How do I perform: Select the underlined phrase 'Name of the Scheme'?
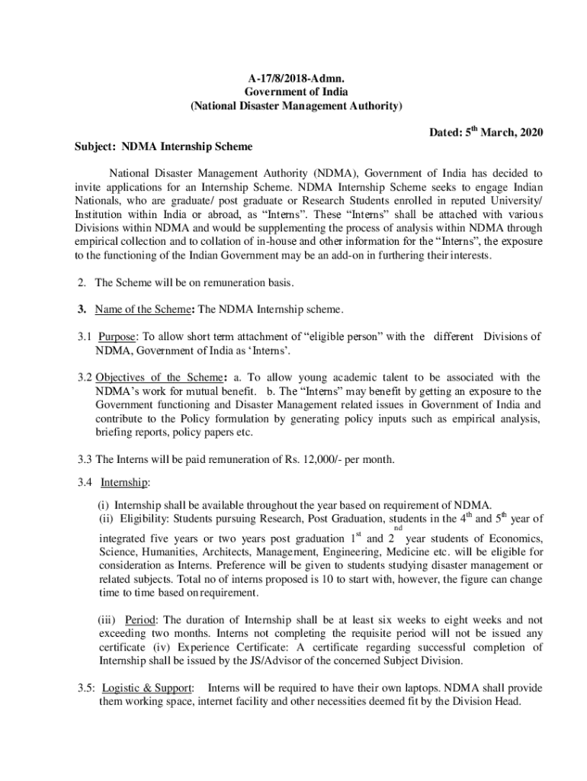click(142, 309)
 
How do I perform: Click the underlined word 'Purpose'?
click(117, 336)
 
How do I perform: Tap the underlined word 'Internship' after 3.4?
click(124, 483)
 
